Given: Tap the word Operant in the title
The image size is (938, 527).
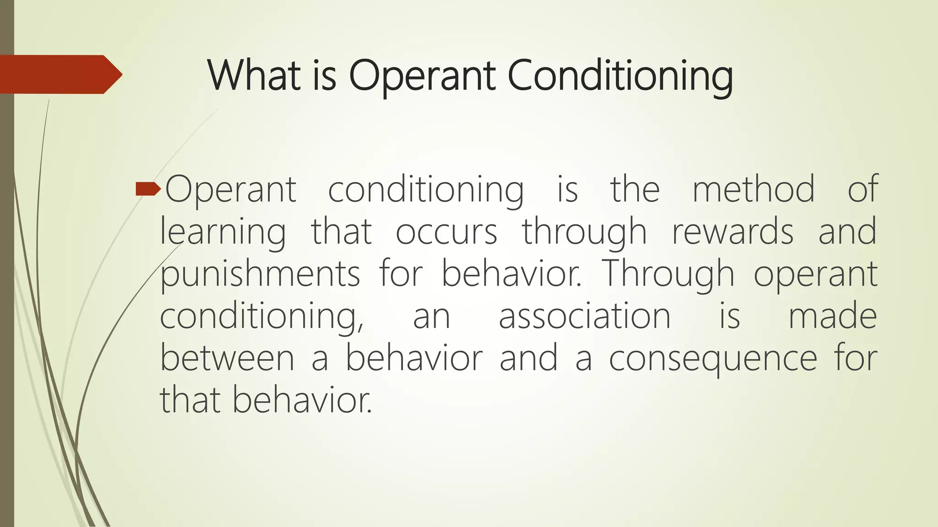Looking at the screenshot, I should (x=422, y=76).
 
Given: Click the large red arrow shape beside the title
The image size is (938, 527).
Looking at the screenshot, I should (x=60, y=74).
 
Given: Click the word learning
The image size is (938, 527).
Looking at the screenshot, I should (x=223, y=231).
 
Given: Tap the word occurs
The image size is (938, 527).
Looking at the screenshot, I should (x=446, y=231).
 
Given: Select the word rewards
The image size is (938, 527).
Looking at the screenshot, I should (x=732, y=231).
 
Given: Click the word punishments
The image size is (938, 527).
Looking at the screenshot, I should (x=260, y=274).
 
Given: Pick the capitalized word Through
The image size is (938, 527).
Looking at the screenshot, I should (x=669, y=274).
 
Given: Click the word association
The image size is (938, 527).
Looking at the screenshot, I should (x=584, y=316).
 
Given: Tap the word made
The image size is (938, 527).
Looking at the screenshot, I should (x=832, y=316).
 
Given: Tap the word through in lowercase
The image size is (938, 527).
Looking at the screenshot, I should (x=584, y=232).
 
